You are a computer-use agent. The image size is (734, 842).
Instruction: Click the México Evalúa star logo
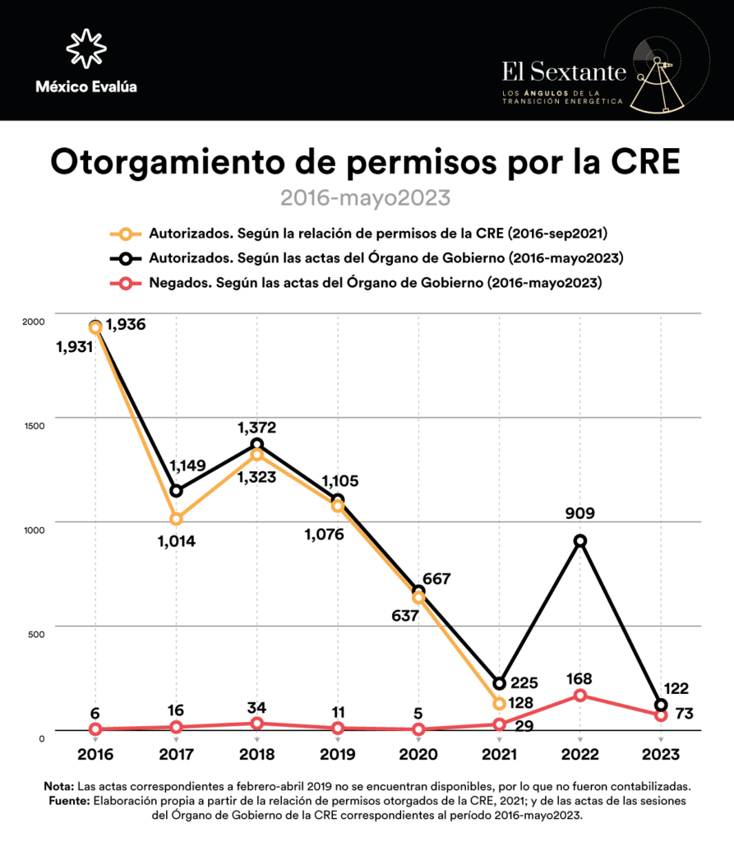[86, 48]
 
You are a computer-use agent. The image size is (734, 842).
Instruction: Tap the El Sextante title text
[564, 70]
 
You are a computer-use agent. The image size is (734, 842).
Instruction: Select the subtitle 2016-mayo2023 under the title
[366, 198]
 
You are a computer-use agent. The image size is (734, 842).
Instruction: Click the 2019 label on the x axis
[338, 754]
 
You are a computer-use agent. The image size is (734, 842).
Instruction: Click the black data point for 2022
[580, 540]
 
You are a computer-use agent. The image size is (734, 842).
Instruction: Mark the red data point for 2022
[580, 696]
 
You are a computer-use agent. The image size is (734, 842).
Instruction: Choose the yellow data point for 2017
[176, 519]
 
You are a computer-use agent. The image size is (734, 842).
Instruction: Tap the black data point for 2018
[257, 444]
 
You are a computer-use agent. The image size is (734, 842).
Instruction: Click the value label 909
[579, 514]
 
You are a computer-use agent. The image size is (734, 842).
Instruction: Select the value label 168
[579, 679]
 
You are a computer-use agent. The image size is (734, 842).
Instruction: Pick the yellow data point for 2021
[499, 704]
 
